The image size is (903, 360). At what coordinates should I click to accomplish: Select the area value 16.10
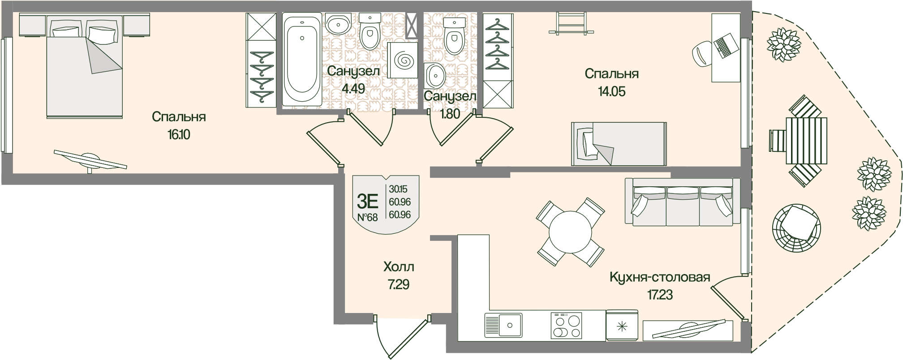tap(179, 134)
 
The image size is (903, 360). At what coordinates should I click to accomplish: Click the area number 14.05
tap(611, 91)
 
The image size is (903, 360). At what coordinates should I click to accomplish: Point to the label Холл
tap(399, 267)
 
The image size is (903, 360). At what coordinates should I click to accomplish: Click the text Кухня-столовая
tap(660, 277)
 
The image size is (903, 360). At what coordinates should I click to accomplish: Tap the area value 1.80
tap(450, 114)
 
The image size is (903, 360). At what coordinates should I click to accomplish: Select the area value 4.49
tap(353, 88)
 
